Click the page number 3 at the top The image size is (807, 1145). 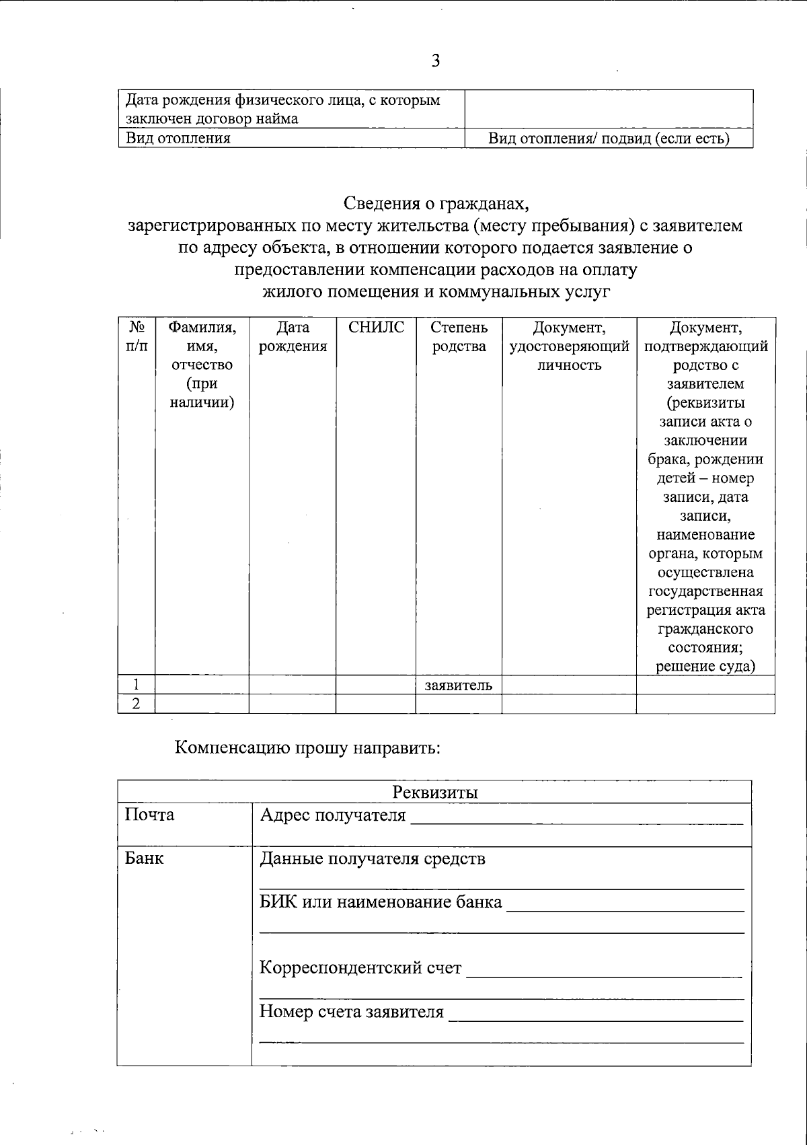[435, 61]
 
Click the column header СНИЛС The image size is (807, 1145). [376, 328]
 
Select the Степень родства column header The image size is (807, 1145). [459, 337]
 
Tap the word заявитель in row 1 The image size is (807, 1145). [459, 686]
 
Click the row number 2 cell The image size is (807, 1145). [137, 704]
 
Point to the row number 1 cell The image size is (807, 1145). [137, 686]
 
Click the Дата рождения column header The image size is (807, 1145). [293, 337]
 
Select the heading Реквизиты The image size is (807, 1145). [434, 792]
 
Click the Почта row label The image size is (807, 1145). [149, 815]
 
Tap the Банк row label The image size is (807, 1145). [144, 858]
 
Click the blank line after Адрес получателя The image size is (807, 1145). [576, 819]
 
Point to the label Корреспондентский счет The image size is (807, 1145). [360, 968]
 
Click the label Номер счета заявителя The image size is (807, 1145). [352, 1012]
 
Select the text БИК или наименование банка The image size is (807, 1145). [381, 902]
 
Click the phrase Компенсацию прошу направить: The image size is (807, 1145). [307, 747]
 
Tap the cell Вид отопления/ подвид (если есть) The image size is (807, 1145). [609, 139]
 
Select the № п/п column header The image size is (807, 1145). [137, 337]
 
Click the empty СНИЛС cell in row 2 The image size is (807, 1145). [376, 704]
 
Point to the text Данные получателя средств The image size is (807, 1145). [372, 859]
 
